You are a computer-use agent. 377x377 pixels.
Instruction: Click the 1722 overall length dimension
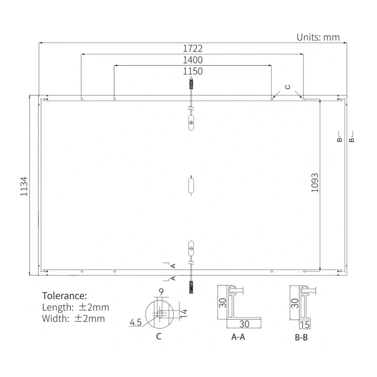pos(192,49)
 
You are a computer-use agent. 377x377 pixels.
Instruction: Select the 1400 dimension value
pos(192,60)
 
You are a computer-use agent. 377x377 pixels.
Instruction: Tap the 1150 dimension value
pos(192,71)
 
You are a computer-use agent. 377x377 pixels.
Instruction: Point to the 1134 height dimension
pos(24,187)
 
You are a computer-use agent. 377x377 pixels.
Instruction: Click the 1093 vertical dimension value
pos(315,183)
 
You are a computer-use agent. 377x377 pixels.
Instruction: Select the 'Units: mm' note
pos(318,37)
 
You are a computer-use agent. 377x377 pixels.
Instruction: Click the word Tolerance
pos(65,295)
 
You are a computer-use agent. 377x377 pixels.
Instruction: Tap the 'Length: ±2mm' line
pos(75,307)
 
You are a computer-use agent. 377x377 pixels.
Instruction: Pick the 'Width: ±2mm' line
pos(73,319)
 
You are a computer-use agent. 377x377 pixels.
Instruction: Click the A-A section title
pos(238,337)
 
